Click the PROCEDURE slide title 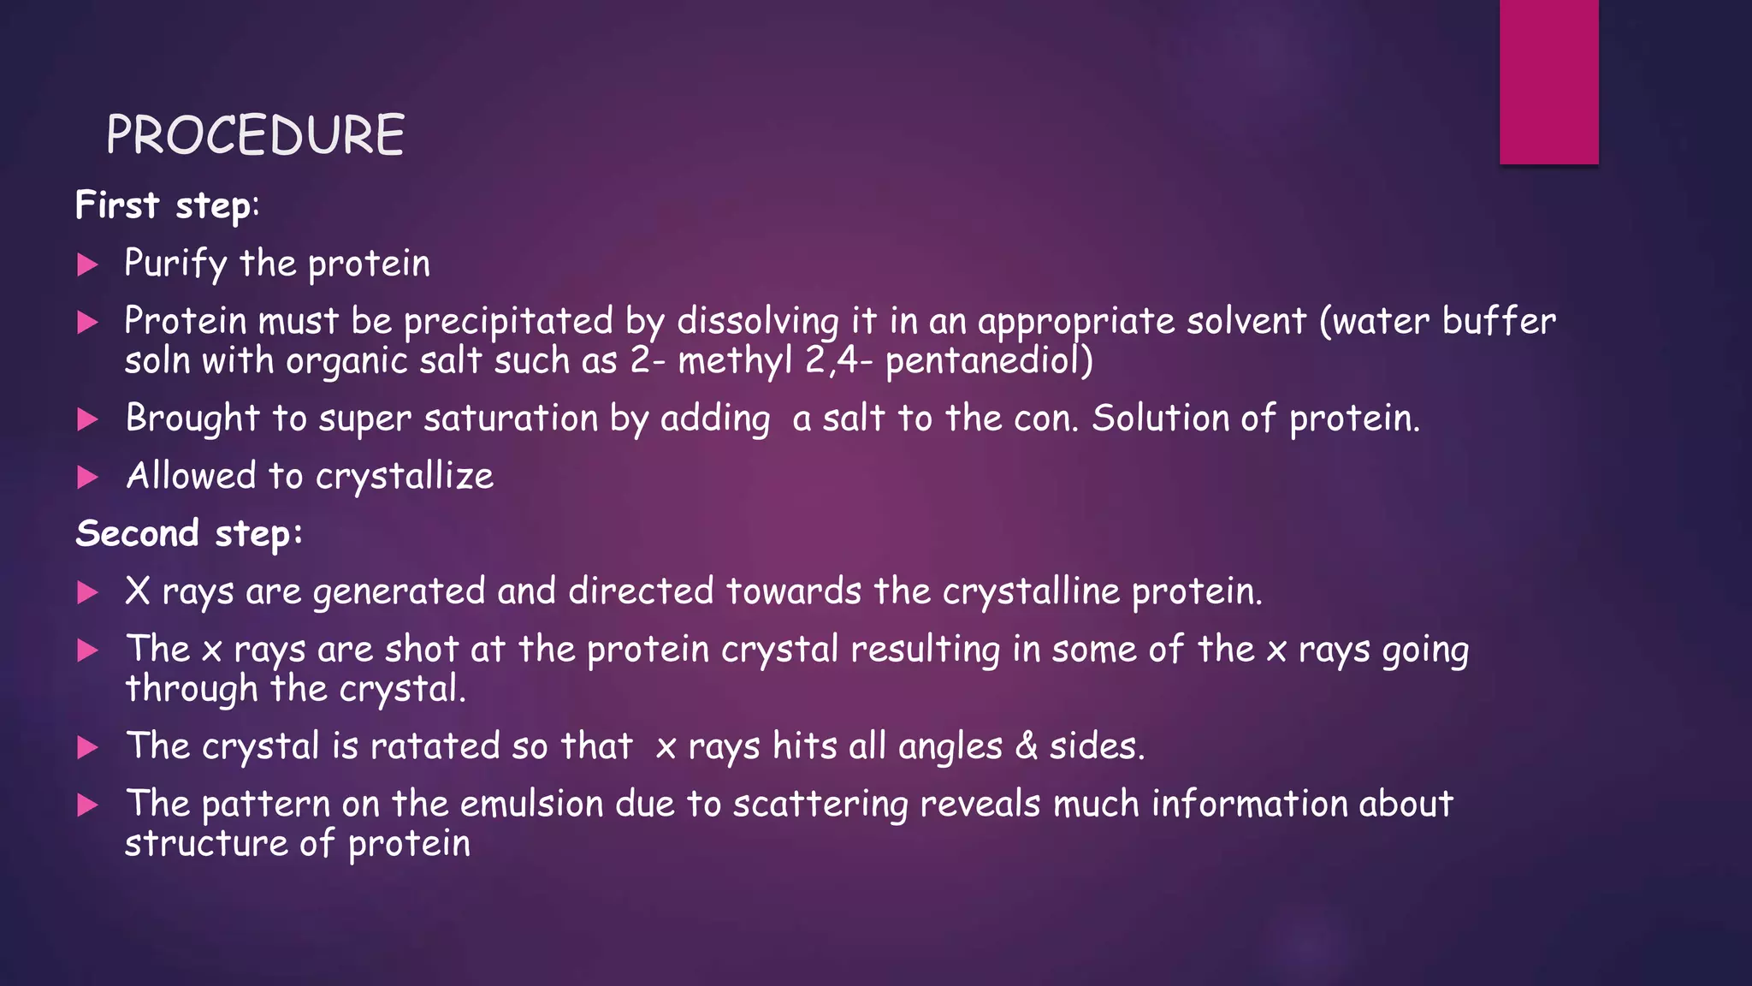[255, 135]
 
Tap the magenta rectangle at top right [1548, 81]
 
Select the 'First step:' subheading [167, 205]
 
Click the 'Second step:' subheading [189, 533]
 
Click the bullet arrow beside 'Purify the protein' [87, 264]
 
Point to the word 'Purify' [175, 264]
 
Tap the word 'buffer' [1499, 321]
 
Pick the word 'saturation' [511, 419]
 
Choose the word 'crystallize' [405, 477]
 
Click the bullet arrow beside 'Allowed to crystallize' [87, 477]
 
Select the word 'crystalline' [1031, 592]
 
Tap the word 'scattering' [820, 805]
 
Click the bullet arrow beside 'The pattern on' [87, 805]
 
